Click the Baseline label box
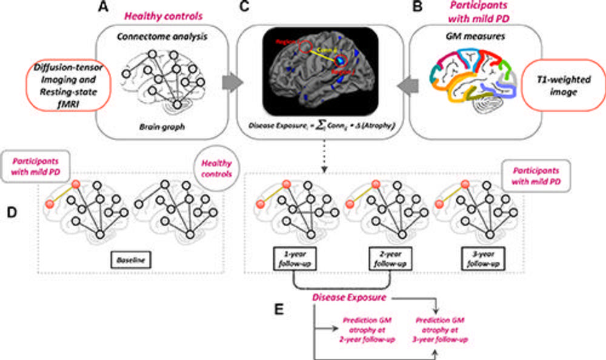(x=131, y=260)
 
